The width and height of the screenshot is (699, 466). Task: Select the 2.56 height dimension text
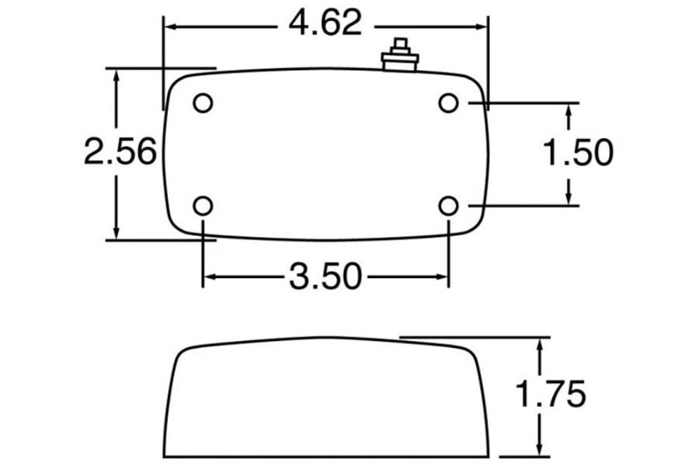120,153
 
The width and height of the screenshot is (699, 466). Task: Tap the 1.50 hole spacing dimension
577,153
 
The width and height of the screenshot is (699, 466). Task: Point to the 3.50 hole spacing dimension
325,276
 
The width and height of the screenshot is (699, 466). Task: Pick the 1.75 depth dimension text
551,395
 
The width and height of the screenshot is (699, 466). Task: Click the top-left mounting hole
203,103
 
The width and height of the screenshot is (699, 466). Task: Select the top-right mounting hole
448,103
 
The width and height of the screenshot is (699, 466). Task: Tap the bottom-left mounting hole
203,206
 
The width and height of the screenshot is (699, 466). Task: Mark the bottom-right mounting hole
448,206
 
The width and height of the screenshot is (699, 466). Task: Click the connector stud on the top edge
401,56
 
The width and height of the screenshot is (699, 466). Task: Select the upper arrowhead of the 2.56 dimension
116,76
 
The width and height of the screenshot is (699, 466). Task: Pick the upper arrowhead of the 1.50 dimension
569,111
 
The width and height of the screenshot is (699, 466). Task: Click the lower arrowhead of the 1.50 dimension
569,197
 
